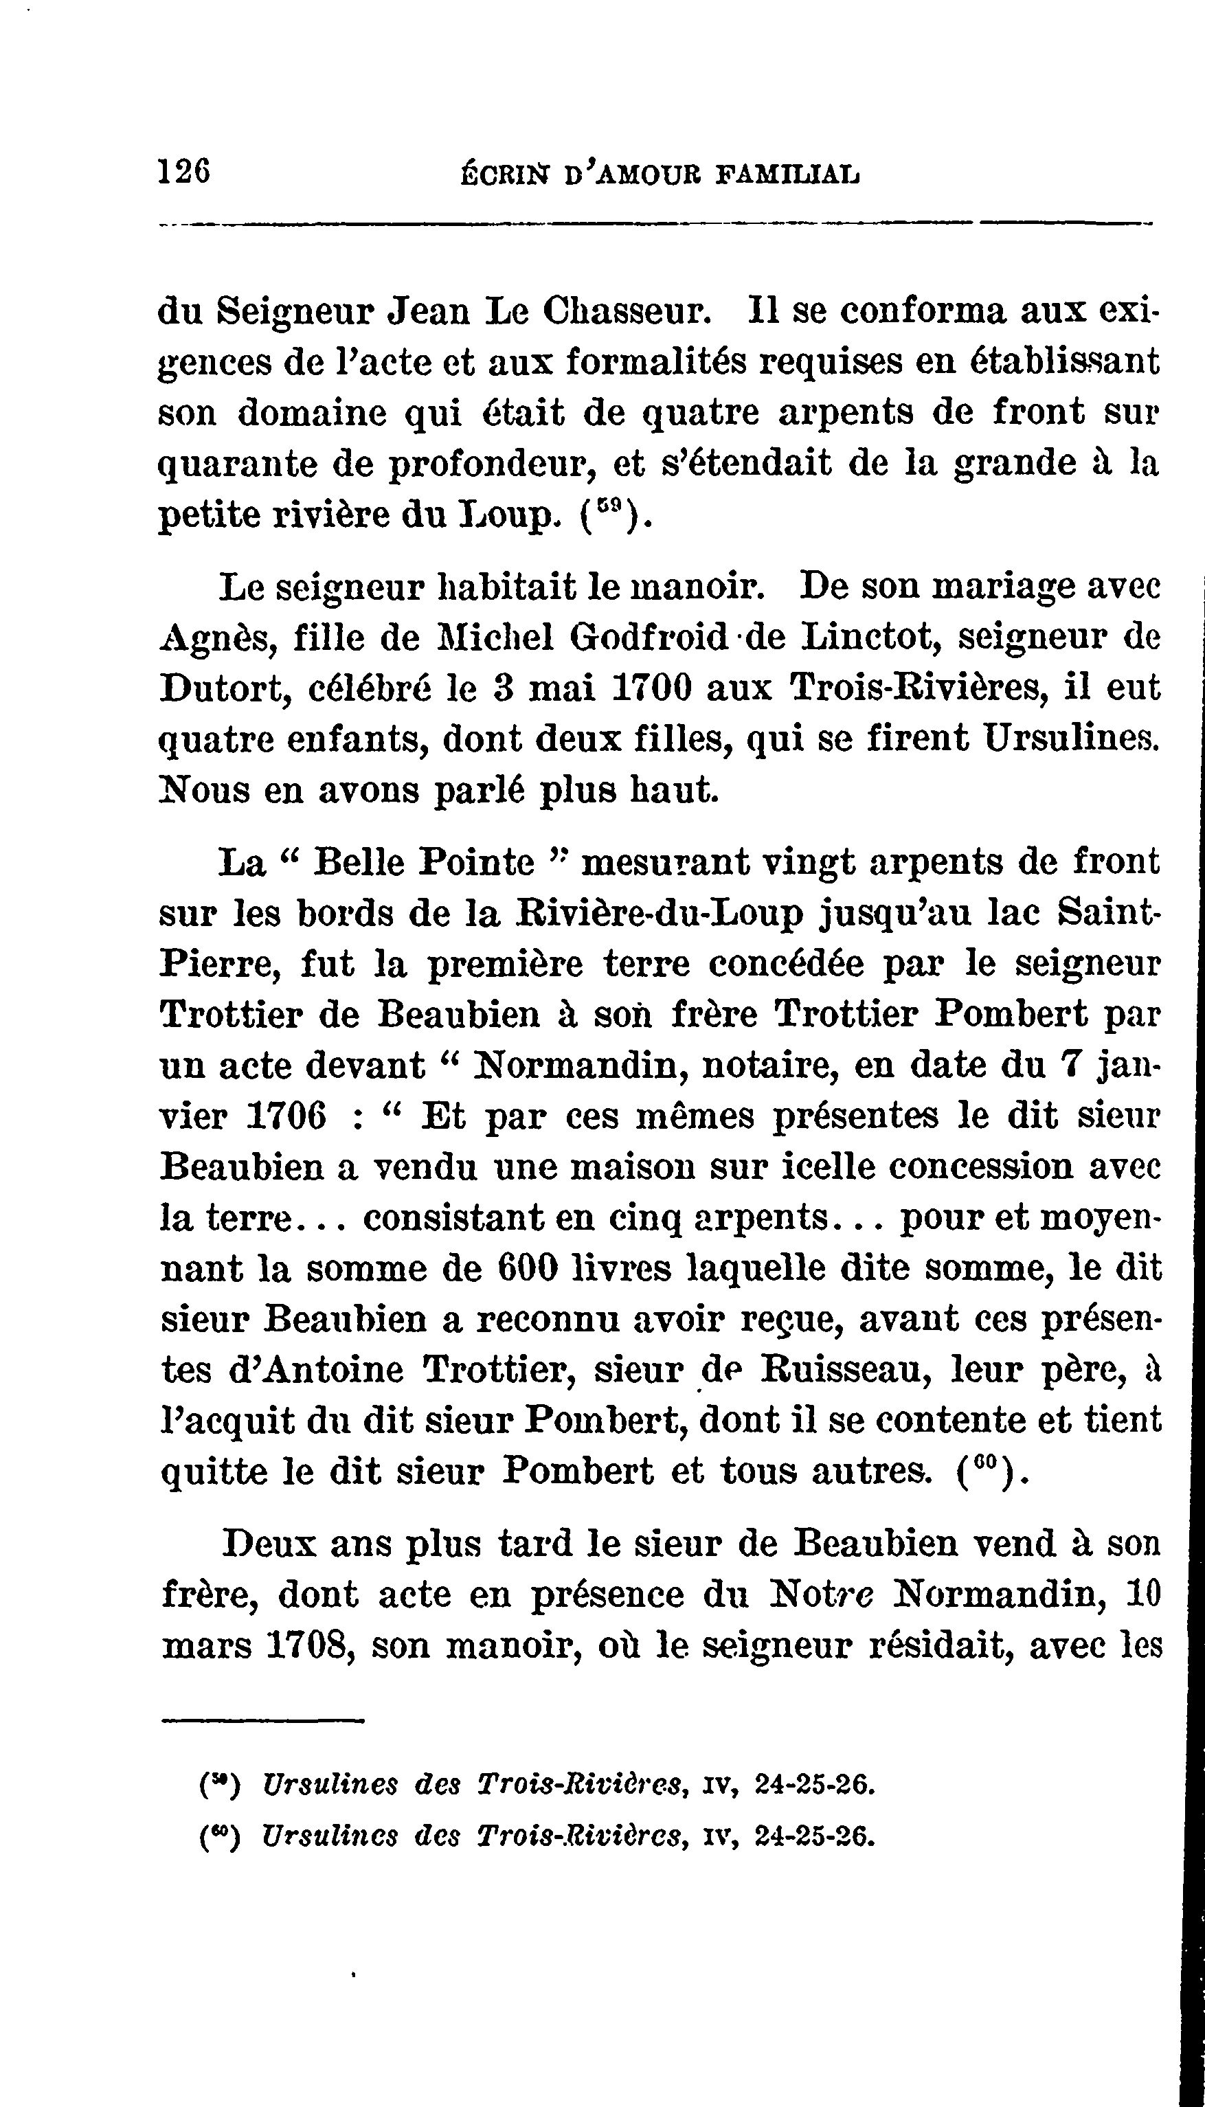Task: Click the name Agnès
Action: tap(211, 639)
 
